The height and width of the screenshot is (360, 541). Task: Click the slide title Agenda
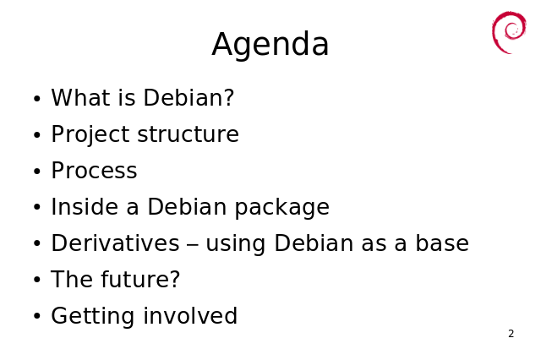(x=270, y=45)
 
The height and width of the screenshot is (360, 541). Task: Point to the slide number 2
(x=511, y=334)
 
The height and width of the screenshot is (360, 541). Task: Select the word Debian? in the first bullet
(x=189, y=97)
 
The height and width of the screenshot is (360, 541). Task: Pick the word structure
(x=188, y=134)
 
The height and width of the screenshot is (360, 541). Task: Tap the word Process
(x=94, y=171)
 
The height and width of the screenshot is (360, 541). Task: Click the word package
(x=281, y=208)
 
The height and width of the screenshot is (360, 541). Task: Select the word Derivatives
(x=115, y=243)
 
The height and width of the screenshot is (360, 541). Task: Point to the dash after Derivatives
(x=193, y=245)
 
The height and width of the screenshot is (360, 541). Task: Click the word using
(x=236, y=244)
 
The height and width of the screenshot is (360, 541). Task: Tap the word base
(x=442, y=243)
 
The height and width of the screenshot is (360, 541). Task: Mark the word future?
(x=140, y=279)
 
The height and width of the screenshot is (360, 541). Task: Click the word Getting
(x=92, y=317)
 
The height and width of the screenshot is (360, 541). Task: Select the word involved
(x=190, y=315)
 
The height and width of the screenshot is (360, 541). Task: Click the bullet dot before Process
(x=37, y=172)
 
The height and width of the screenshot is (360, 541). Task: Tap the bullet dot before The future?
(x=37, y=280)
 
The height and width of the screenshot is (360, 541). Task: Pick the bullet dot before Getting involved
(x=37, y=316)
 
